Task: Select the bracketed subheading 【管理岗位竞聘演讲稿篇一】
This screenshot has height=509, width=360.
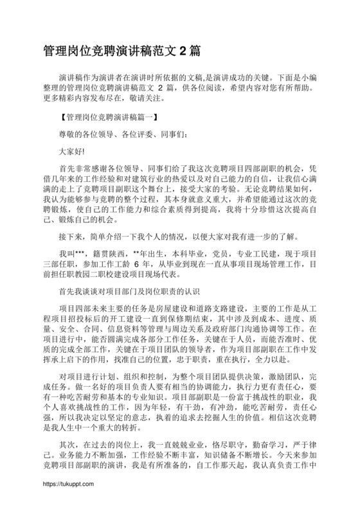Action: click(107, 118)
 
